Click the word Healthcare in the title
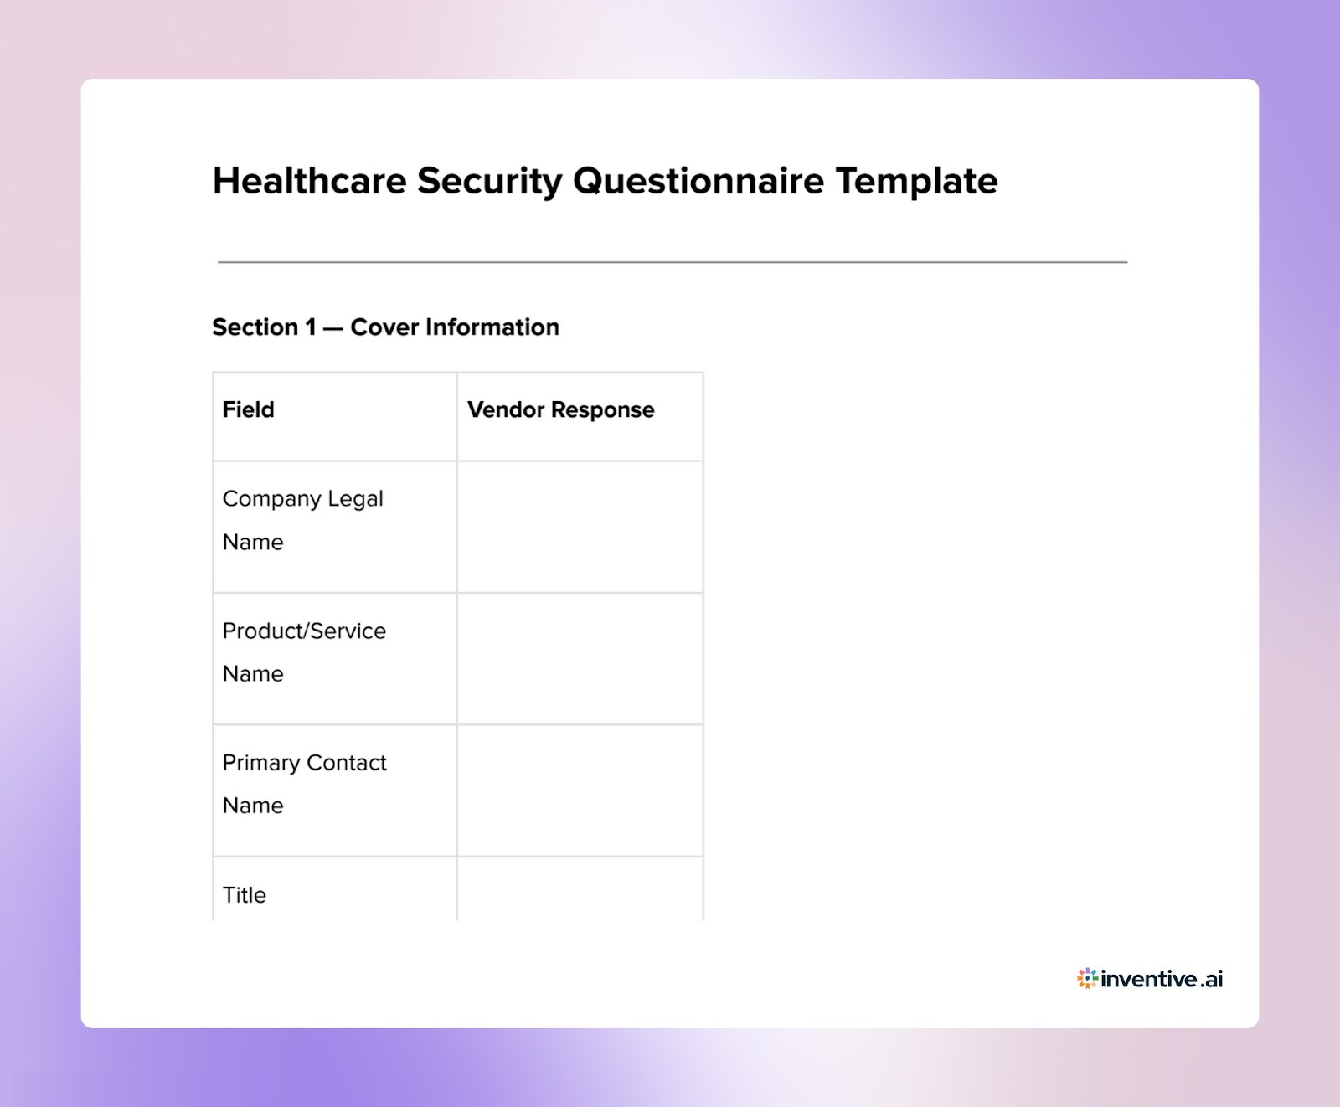309,181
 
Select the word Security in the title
489,181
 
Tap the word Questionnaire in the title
698,181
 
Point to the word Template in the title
916,181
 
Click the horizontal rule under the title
672,262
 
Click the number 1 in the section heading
311,327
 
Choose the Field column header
248,409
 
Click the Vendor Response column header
560,409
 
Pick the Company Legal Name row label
302,520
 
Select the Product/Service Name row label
304,651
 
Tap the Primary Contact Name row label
304,784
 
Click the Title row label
244,895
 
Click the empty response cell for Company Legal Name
580,527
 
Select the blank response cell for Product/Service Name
580,658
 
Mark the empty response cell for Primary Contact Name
580,790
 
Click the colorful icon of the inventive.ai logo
1087,978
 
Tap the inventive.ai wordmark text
1162,979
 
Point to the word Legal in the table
355,499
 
